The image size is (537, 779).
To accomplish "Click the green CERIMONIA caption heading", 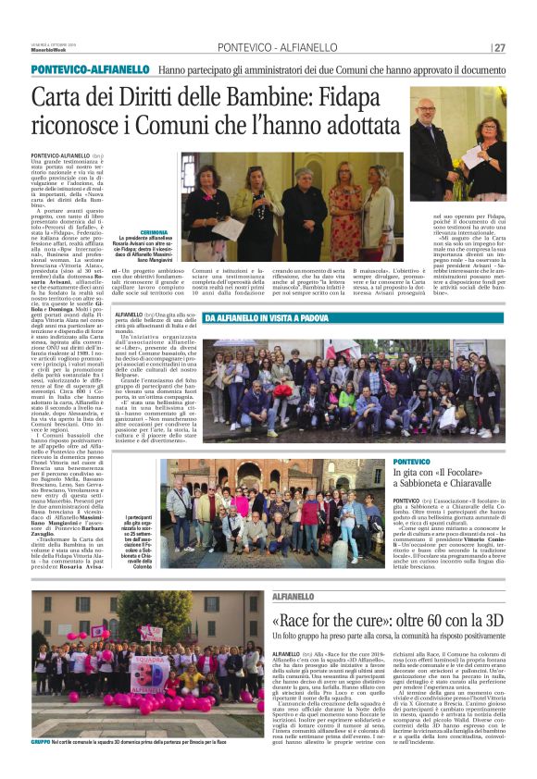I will click(x=154, y=231).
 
